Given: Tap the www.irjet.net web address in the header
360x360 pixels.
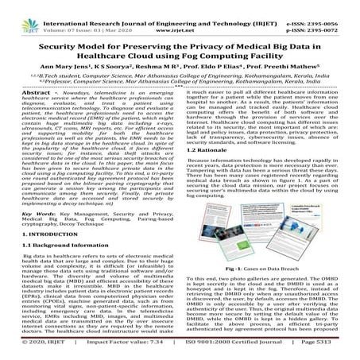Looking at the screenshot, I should coord(180,16).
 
